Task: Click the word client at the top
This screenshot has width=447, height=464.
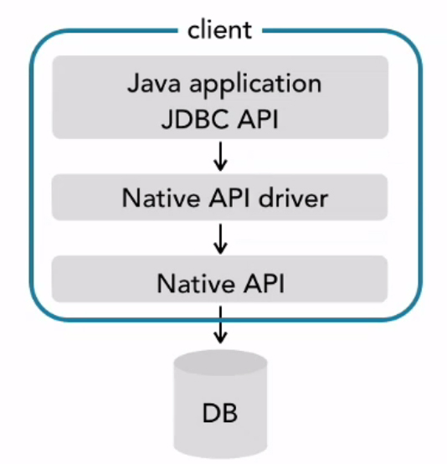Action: pos(219,31)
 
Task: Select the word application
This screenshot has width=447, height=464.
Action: pos(250,84)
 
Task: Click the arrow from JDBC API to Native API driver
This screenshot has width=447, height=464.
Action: pos(220,155)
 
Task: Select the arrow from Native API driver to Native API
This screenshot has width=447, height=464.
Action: pos(220,238)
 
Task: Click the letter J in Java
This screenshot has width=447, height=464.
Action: pos(133,84)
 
